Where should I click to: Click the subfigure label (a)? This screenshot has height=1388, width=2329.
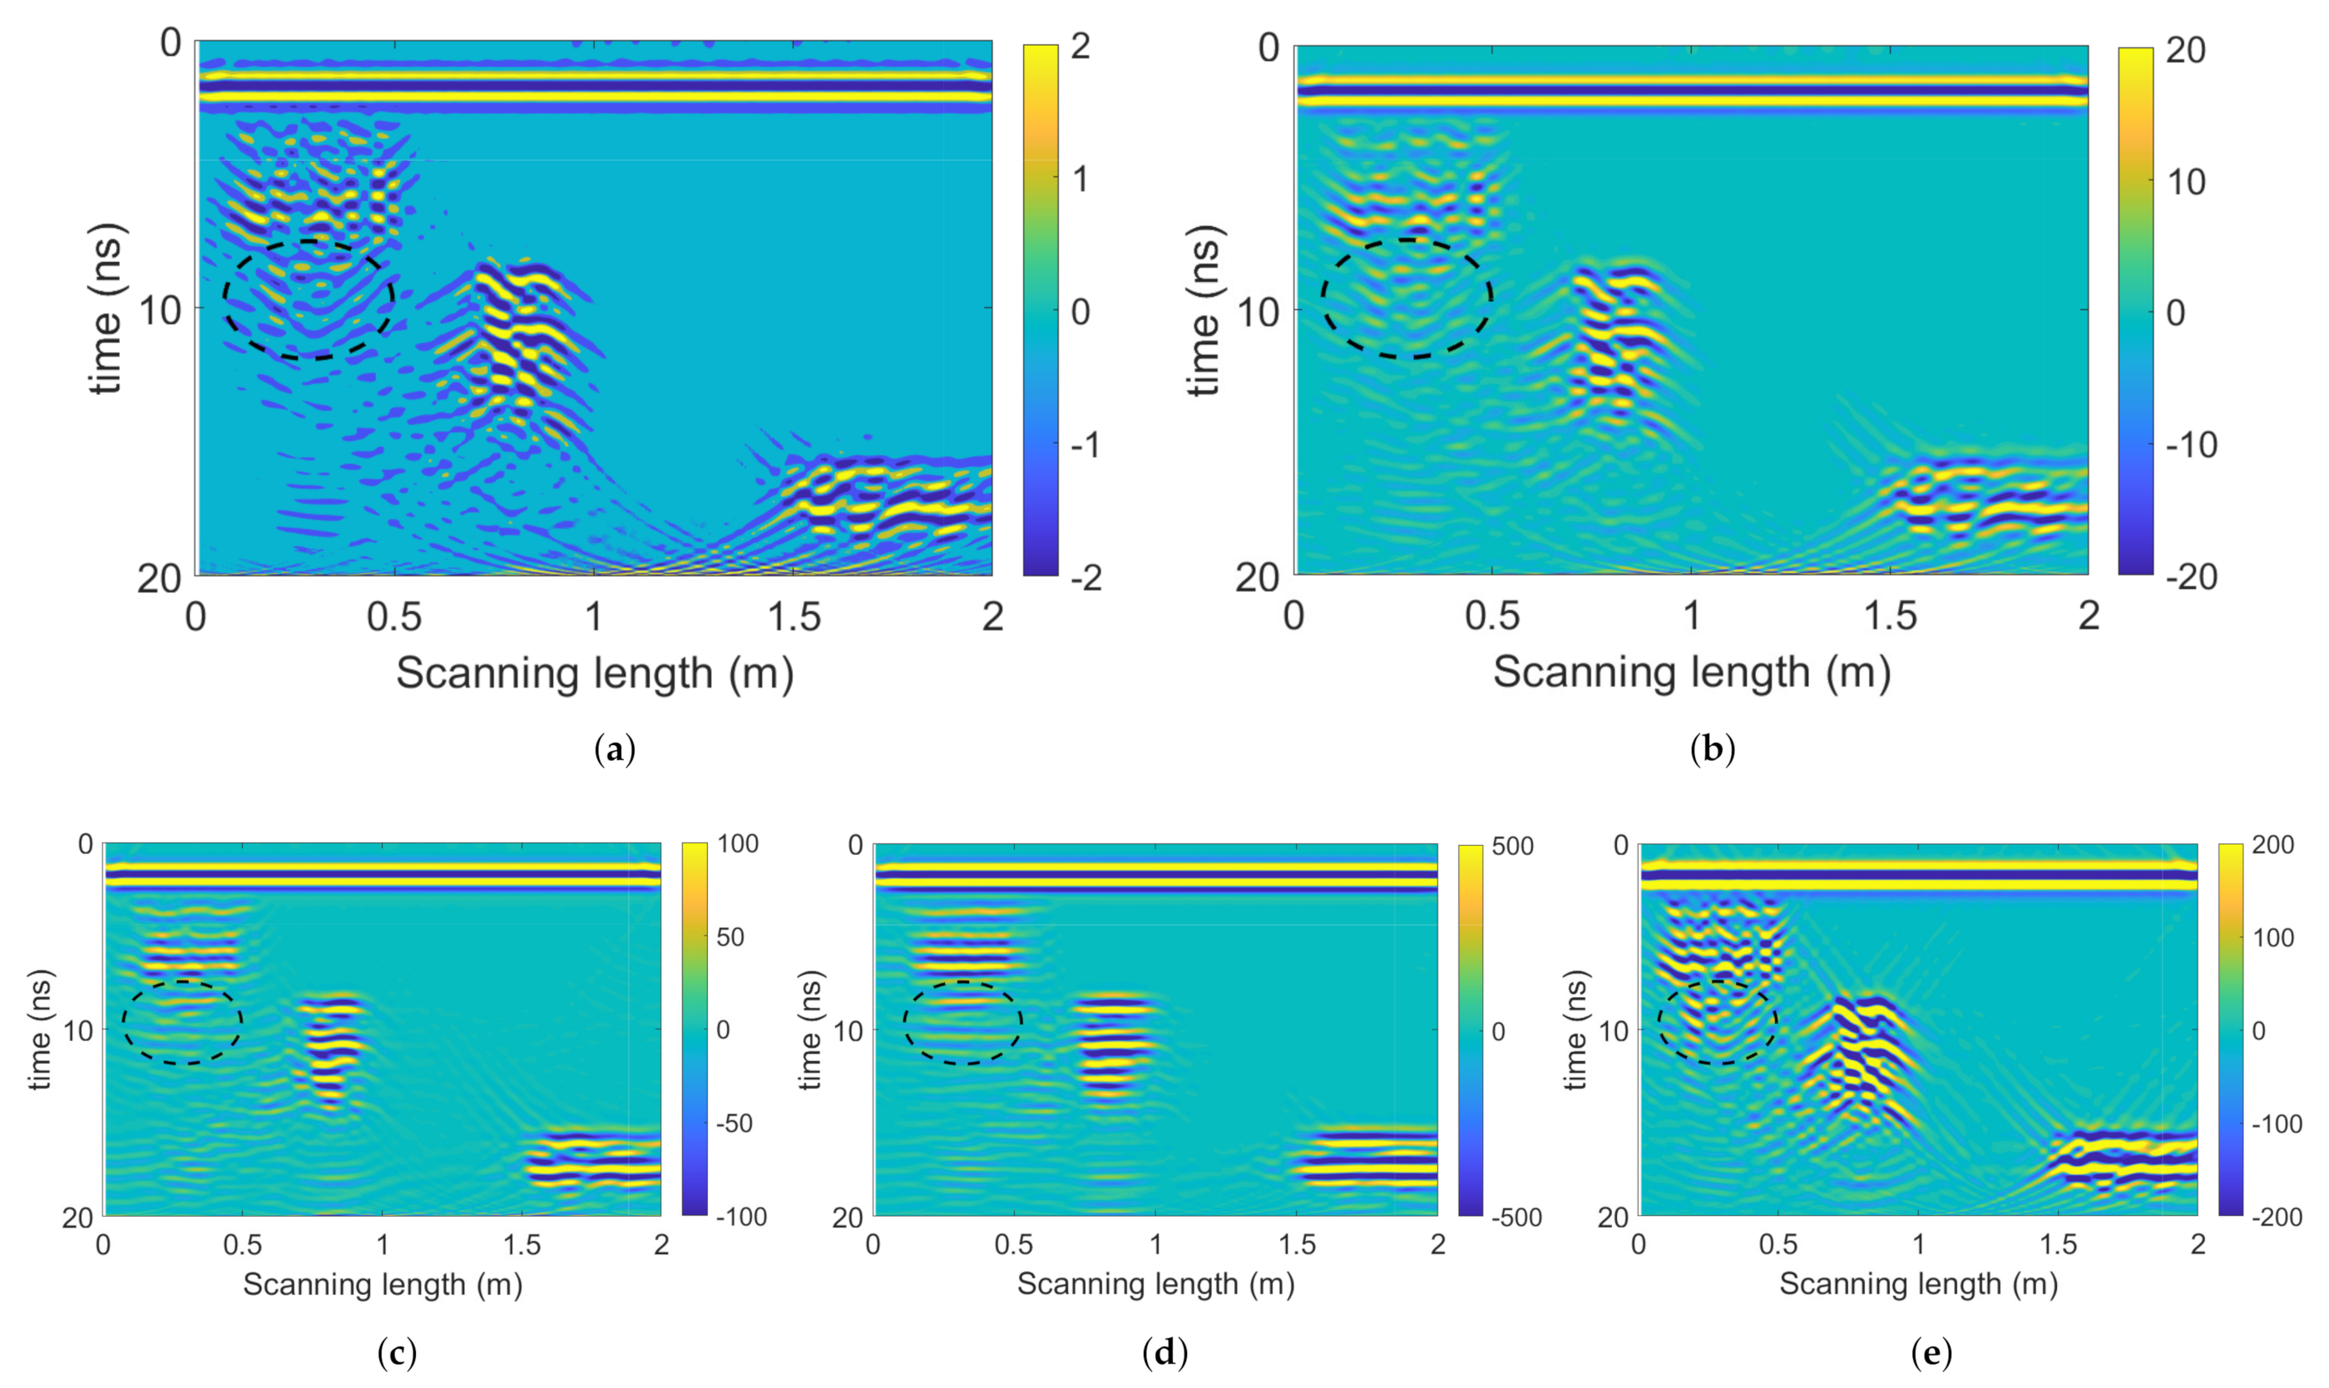click(615, 750)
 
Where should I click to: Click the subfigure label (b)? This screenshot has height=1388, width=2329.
click(1713, 750)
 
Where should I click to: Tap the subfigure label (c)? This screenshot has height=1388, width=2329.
click(397, 1352)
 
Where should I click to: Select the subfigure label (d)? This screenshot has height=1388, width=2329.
click(1164, 1352)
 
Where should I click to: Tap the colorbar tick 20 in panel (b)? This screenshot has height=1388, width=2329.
click(2185, 51)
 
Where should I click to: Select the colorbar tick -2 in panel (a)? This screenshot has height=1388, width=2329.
click(1085, 577)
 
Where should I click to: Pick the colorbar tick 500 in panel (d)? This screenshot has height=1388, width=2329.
click(1512, 847)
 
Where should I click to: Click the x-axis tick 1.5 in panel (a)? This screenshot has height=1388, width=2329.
click(794, 616)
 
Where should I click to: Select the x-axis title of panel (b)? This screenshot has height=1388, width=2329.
click(1691, 673)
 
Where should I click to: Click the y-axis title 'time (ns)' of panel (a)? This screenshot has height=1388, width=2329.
click(106, 309)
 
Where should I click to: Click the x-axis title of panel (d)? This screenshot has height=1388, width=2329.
click(1155, 1284)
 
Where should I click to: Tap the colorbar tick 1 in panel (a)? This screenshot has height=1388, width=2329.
click(1080, 178)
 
